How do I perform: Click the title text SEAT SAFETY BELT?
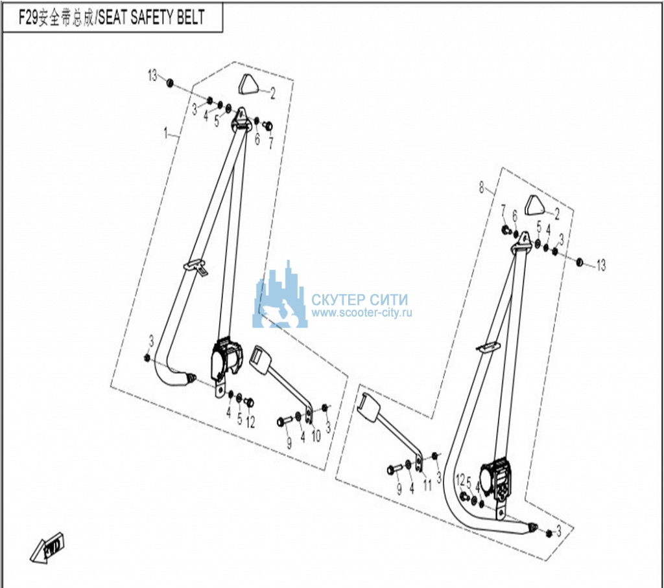(x=151, y=17)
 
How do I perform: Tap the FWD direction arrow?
(x=47, y=547)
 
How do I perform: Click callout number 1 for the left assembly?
(x=165, y=133)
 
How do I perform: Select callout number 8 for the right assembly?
(x=481, y=187)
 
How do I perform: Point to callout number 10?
(x=316, y=436)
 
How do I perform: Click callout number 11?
(x=427, y=485)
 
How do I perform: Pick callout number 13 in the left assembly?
(x=152, y=76)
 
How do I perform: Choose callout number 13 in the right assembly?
(x=601, y=266)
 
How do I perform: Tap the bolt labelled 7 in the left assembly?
(x=268, y=126)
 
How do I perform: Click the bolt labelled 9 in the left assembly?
(x=285, y=421)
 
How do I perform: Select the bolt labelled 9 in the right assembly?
(x=394, y=469)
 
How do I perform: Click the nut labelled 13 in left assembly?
(x=169, y=82)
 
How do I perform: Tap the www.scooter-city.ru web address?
(x=362, y=313)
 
